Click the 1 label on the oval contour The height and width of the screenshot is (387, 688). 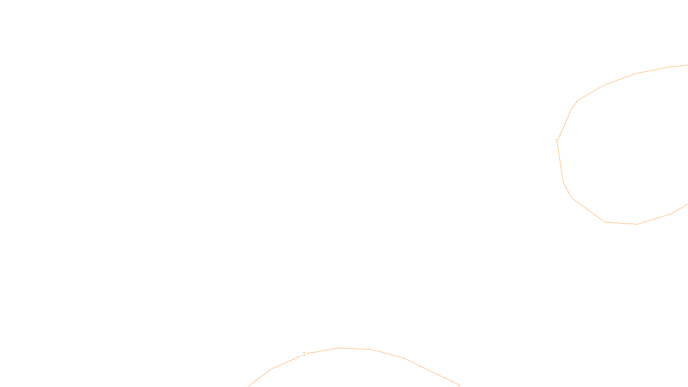(557, 141)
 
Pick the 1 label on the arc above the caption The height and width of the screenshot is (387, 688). (304, 354)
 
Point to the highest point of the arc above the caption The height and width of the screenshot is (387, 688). (339, 348)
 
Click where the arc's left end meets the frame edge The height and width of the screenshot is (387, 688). (249, 386)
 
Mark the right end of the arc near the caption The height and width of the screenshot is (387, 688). (459, 385)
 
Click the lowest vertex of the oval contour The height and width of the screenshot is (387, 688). (638, 224)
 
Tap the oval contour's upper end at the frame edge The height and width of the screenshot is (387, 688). (687, 65)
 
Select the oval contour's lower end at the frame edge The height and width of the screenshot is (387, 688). (687, 204)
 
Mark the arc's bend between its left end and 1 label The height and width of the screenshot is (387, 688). (270, 369)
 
